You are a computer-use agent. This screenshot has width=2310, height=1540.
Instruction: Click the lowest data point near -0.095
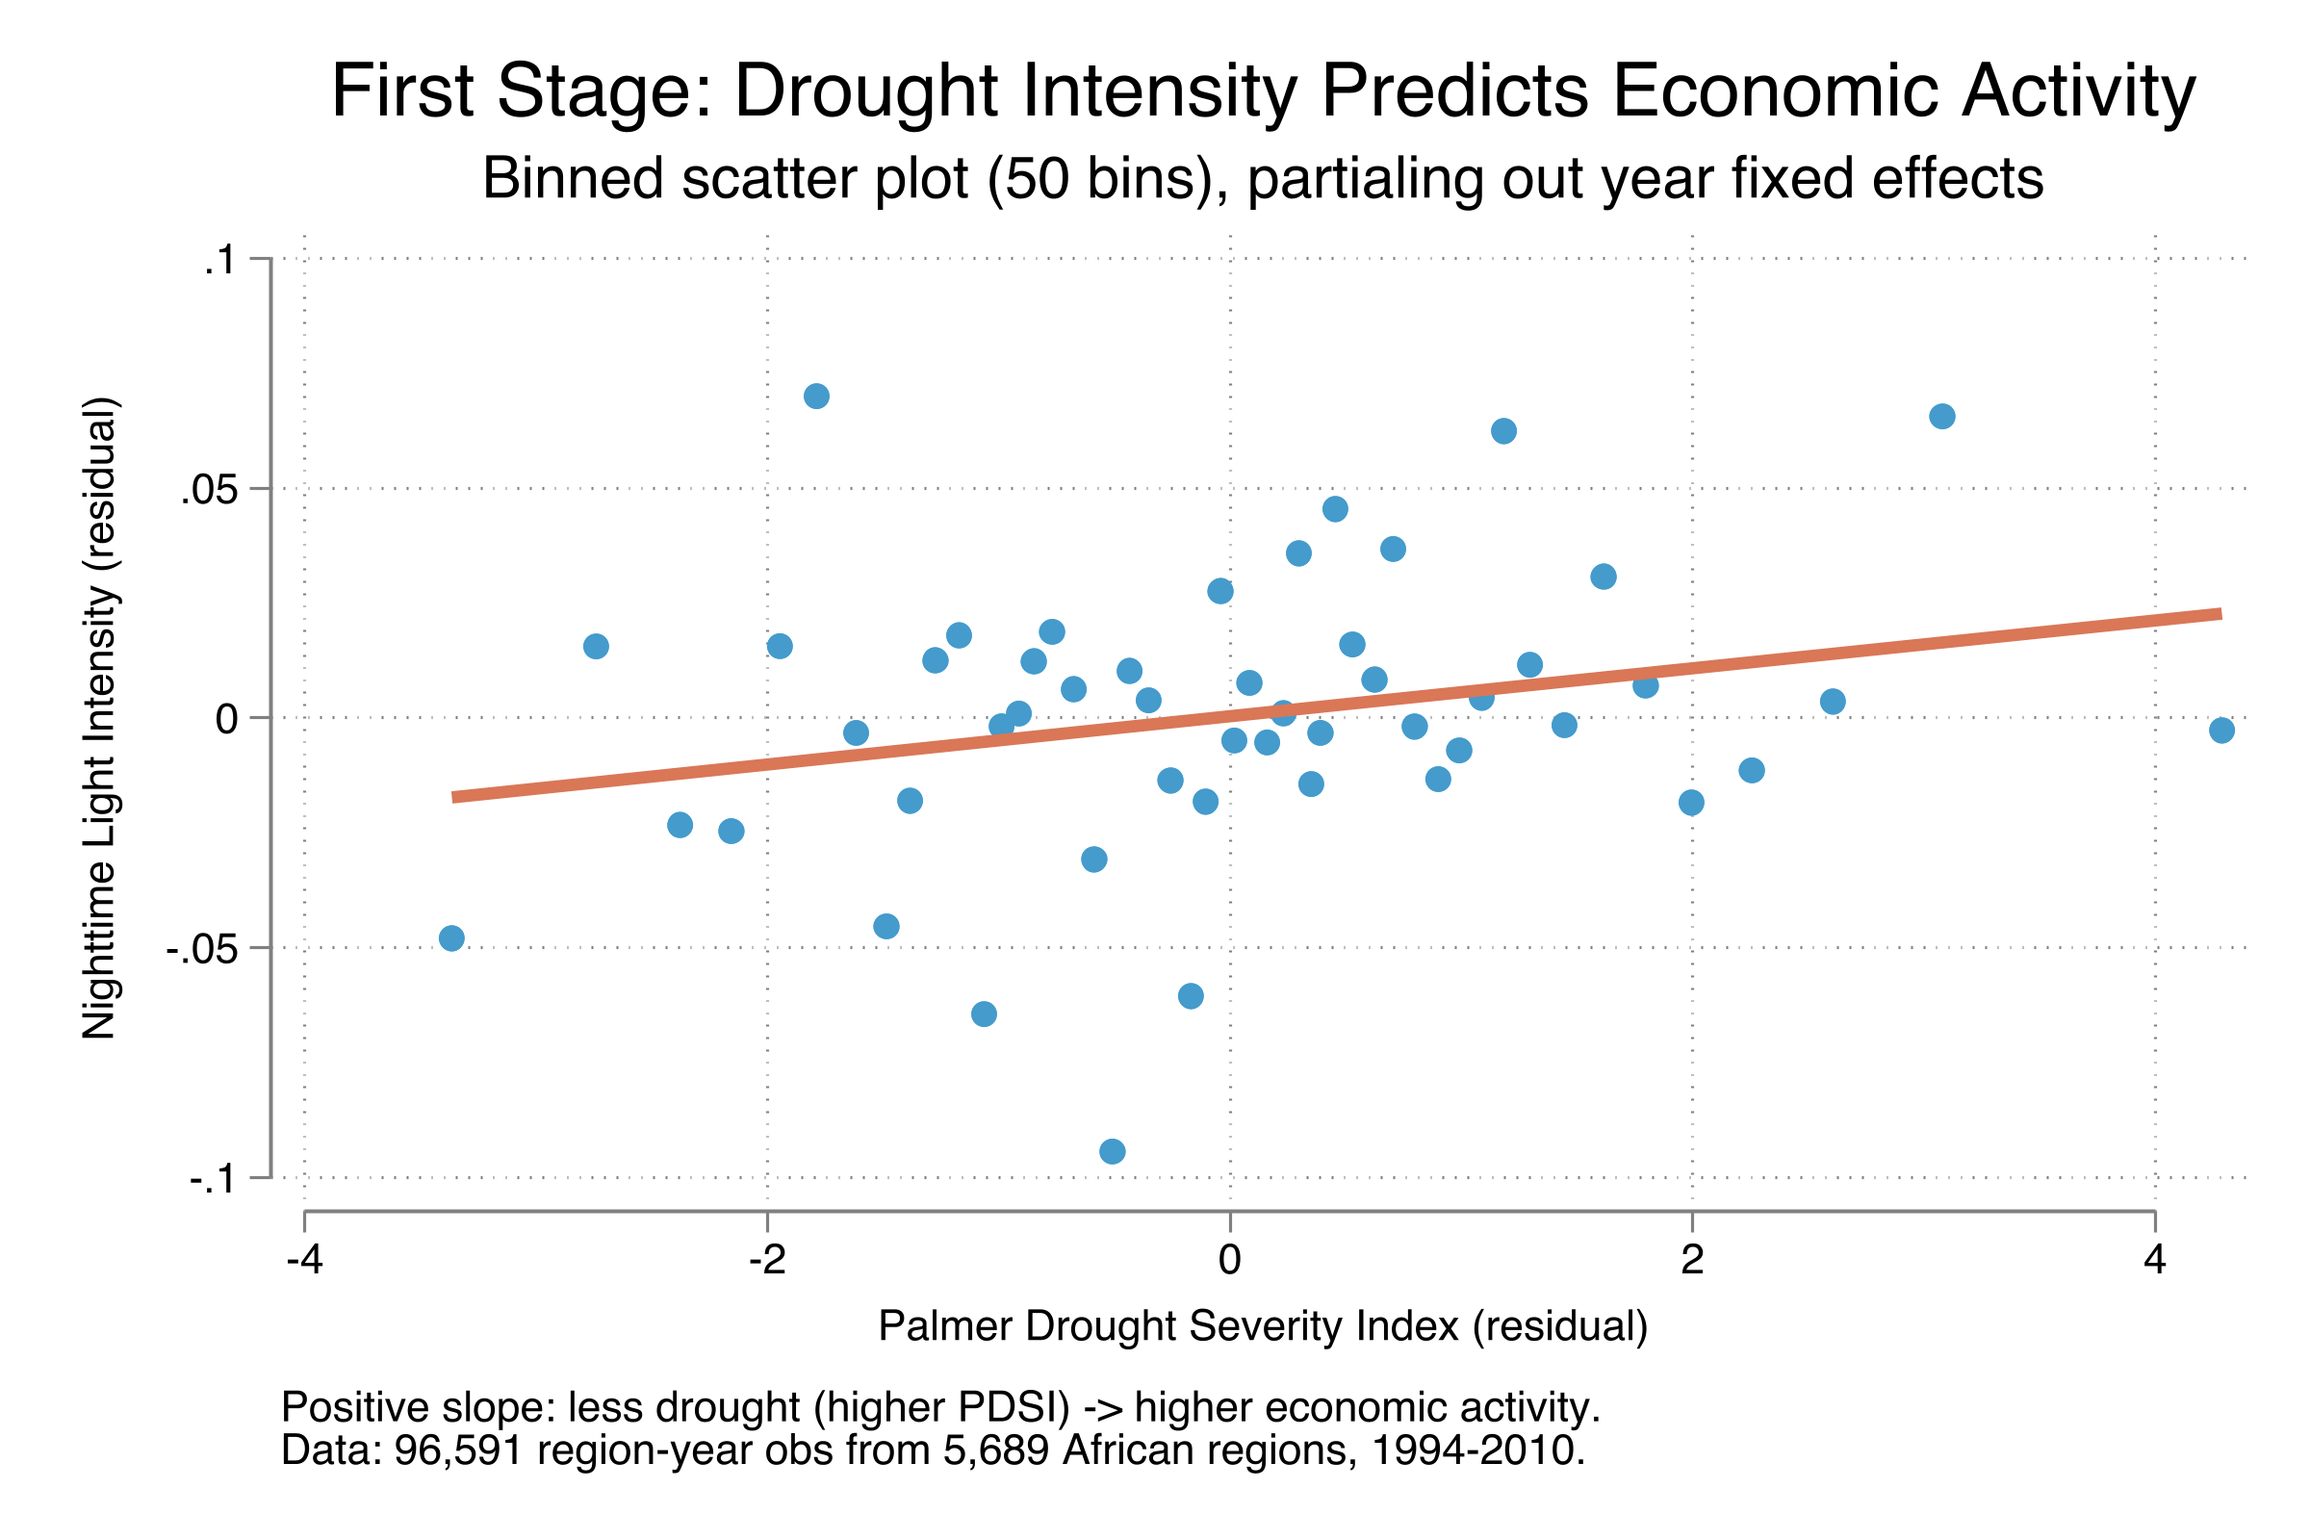1112,1151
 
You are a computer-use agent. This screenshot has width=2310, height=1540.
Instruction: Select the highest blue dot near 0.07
816,396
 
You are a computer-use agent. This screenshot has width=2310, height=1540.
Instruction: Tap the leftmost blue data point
451,937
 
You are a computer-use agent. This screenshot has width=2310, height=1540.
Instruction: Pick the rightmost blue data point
2221,730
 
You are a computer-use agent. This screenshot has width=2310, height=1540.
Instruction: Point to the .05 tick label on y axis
209,489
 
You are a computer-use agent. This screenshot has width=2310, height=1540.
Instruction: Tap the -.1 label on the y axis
211,1178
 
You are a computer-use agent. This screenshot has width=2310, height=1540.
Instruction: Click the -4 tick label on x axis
304,1260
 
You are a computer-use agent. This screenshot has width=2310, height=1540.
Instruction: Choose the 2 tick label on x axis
1691,1260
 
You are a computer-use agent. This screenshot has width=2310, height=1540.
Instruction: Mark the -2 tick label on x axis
767,1260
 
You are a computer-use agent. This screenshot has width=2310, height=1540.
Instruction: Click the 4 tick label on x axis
2154,1260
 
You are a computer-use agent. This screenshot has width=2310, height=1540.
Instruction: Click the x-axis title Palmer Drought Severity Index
1263,1326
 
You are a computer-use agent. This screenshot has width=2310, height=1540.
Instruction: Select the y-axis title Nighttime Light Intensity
99,718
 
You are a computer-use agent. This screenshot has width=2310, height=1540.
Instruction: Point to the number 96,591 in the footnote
458,1450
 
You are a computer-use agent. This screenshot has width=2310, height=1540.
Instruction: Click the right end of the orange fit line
2218,614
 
